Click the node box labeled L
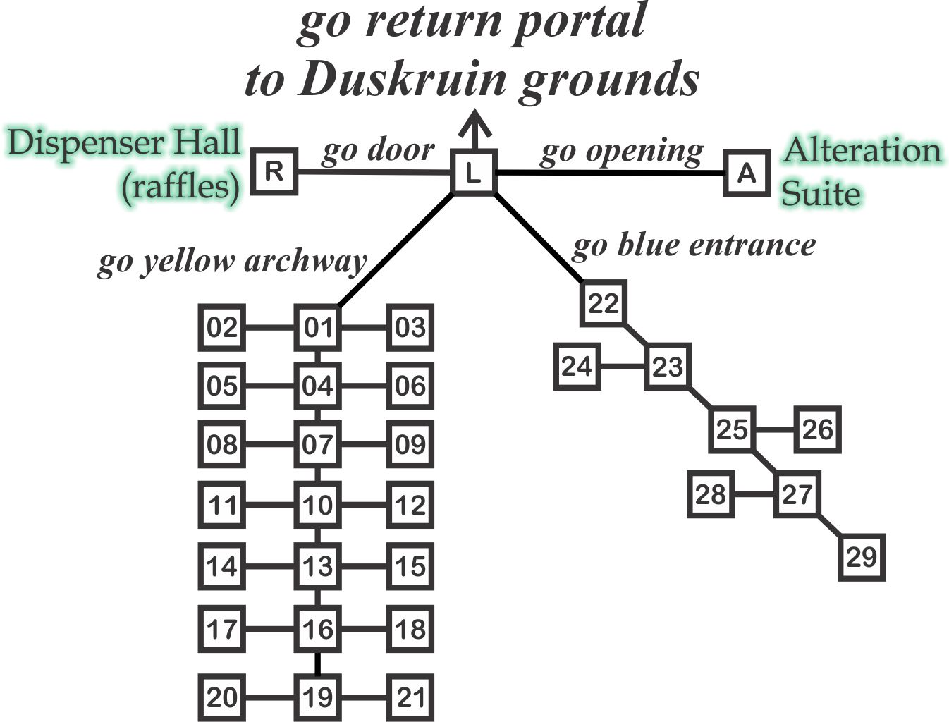474,171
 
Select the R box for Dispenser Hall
275,171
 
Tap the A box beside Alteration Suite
747,173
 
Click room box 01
317,328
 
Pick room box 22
604,304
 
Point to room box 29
862,557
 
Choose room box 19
317,697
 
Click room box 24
577,367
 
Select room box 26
818,429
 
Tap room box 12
410,505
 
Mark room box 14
222,566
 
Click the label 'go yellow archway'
232,262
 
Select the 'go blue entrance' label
694,245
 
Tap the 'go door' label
378,151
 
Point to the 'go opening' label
622,151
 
